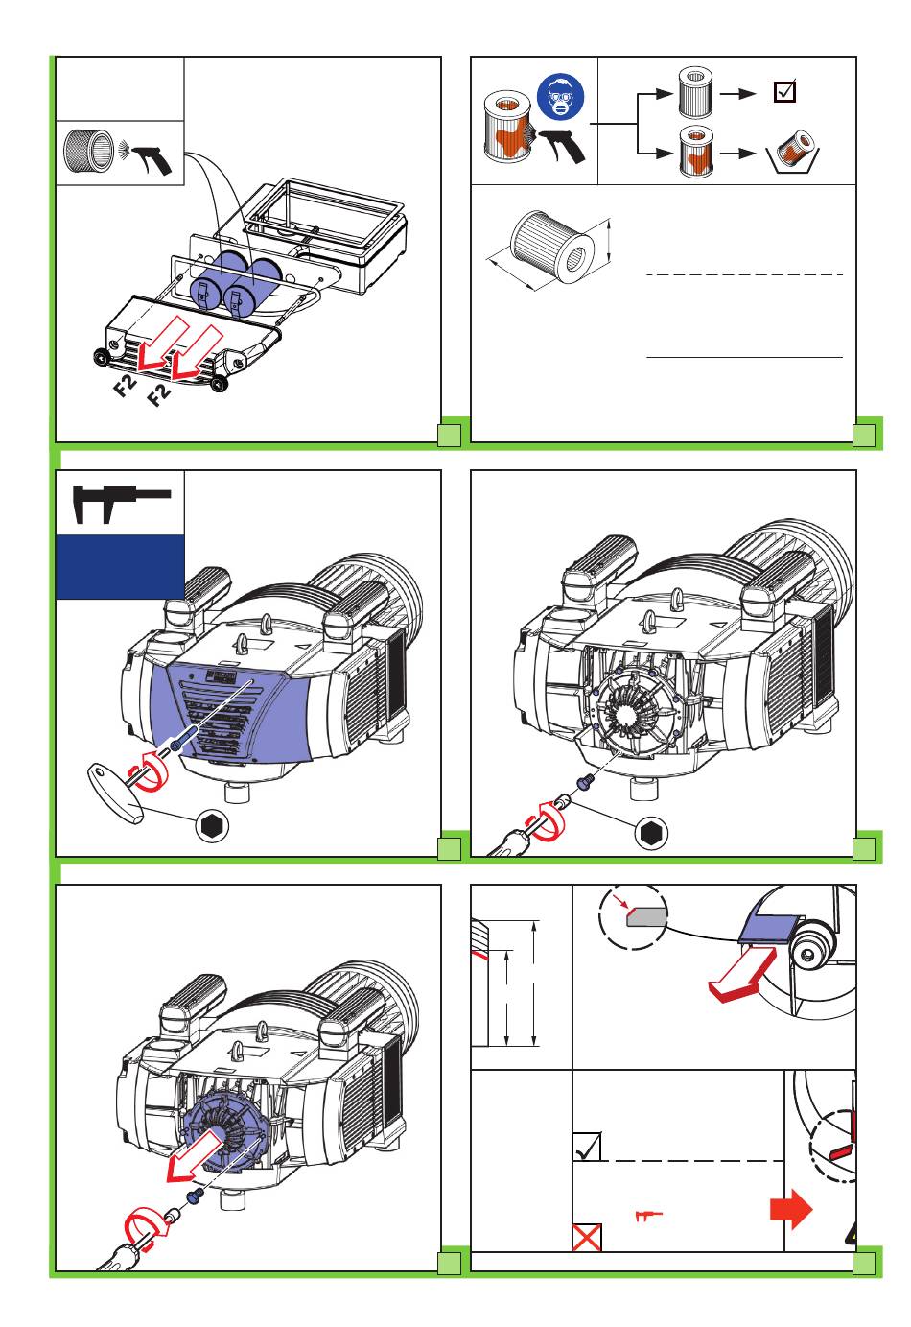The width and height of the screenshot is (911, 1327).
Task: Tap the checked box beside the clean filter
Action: (x=784, y=92)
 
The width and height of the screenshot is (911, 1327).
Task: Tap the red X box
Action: (x=587, y=1237)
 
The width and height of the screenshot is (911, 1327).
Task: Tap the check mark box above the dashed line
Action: (x=587, y=1146)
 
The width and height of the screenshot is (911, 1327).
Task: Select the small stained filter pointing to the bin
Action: (x=693, y=152)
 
